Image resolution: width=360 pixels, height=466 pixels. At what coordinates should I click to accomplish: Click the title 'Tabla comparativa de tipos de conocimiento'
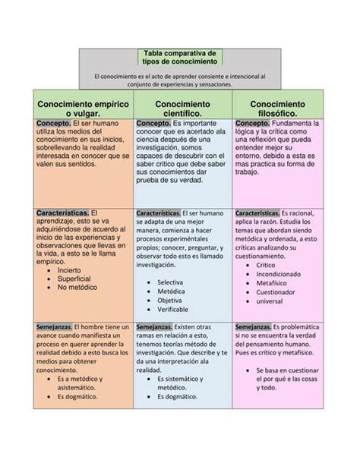point(179,57)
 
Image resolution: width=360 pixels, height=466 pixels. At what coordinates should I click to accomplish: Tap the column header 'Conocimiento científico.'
point(182,108)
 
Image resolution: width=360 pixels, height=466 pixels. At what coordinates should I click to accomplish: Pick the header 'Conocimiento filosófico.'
point(278,108)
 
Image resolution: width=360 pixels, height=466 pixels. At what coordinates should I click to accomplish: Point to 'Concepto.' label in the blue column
point(153,123)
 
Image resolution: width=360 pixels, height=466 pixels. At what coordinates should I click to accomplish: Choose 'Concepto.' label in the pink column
point(252,123)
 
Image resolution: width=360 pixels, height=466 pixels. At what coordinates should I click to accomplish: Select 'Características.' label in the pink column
point(259,214)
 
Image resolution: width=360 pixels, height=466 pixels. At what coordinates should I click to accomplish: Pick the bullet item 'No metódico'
point(79,288)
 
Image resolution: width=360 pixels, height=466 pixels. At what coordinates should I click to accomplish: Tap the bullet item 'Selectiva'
point(171,282)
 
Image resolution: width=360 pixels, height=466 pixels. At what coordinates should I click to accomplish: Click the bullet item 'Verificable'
point(173,310)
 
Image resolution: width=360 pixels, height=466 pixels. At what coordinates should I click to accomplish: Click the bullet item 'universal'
point(270,301)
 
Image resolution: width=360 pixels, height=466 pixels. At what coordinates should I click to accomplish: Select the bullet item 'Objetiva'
point(170,301)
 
